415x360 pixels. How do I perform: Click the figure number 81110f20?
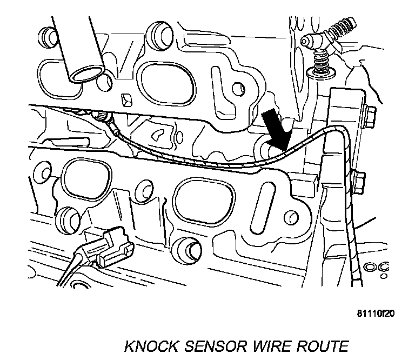375,313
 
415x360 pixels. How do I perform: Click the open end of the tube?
85,75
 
